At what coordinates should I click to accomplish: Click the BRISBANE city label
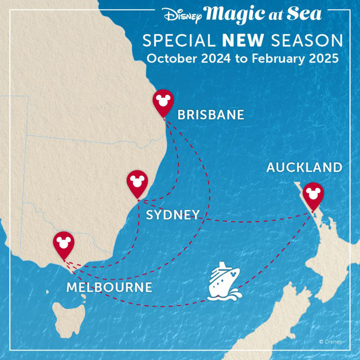[211, 115]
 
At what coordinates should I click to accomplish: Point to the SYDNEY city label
[173, 215]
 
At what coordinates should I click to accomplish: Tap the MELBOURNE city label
[109, 287]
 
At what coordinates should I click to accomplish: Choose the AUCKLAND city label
[304, 168]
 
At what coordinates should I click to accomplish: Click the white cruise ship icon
[224, 282]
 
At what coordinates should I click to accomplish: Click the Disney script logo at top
[182, 15]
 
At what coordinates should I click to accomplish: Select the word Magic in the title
[237, 14]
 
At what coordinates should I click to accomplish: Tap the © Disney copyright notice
[330, 341]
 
